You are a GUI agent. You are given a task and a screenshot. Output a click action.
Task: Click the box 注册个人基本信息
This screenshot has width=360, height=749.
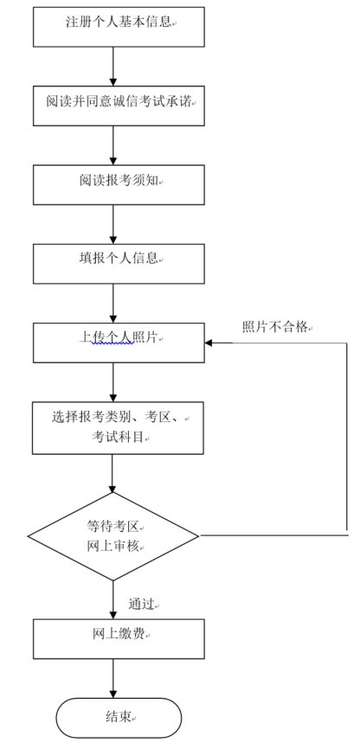(119, 27)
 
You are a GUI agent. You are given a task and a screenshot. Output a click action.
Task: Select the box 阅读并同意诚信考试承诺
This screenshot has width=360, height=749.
(119, 106)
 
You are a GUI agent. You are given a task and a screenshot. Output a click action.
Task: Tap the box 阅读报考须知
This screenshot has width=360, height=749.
(119, 184)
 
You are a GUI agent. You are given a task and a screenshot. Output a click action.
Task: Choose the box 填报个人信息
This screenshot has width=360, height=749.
(119, 264)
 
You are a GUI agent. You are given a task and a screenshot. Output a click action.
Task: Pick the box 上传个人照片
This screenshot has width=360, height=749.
(119, 342)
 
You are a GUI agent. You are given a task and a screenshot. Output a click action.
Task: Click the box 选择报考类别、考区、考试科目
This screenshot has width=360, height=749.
(118, 427)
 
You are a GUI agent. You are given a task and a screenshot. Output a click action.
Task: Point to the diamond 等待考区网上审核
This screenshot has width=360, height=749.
(112, 536)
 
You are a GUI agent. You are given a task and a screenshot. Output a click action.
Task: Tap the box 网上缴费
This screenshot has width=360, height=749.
(119, 639)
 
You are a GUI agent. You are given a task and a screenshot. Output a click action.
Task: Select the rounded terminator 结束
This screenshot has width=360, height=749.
(119, 718)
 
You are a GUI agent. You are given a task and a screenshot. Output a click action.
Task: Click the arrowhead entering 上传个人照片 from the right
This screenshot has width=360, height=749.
(209, 343)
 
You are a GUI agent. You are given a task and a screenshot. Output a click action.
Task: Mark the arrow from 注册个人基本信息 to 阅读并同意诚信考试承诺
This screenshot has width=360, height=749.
(113, 67)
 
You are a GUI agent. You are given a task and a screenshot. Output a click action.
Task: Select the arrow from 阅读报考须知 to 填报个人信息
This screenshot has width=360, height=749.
(113, 224)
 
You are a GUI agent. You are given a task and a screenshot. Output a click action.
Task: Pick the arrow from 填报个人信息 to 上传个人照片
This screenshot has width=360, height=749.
(113, 304)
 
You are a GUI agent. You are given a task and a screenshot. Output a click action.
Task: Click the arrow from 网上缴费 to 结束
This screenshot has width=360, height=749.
(113, 679)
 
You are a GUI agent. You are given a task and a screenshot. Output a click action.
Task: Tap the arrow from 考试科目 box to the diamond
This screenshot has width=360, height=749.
(112, 473)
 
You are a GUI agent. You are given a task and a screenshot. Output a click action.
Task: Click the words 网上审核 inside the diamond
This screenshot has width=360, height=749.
(112, 547)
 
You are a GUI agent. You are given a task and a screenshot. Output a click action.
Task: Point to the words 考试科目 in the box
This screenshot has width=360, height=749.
(118, 437)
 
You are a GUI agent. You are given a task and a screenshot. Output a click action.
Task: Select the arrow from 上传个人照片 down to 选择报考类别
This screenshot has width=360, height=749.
(113, 382)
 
